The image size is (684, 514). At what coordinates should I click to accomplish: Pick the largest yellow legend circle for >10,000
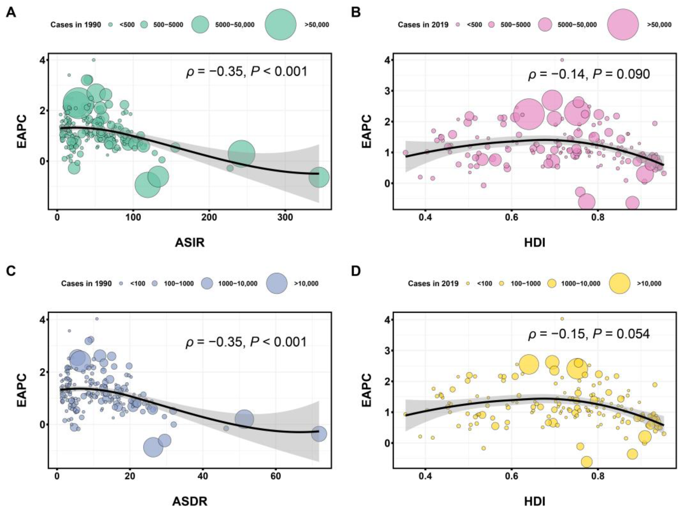(x=620, y=284)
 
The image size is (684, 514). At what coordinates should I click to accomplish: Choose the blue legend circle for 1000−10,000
(x=207, y=284)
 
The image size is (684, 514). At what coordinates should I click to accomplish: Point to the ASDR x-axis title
(x=190, y=501)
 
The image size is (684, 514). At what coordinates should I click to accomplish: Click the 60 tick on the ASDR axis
(x=276, y=476)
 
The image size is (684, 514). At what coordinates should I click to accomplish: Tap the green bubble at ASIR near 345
(x=319, y=177)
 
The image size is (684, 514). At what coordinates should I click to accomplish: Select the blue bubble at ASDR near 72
(x=319, y=434)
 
